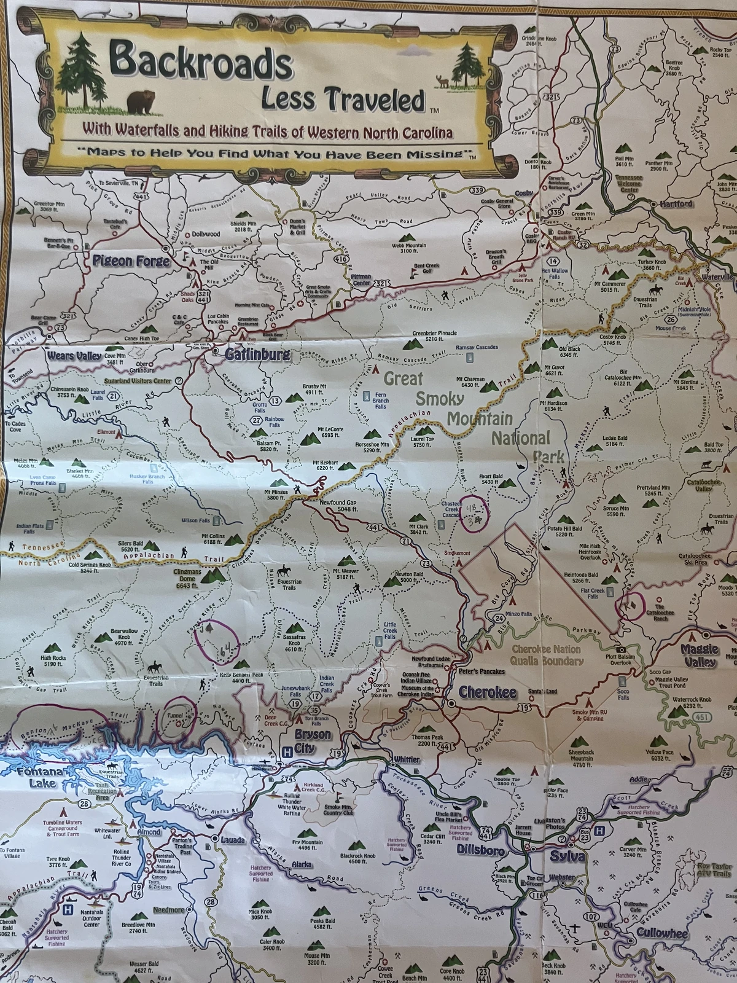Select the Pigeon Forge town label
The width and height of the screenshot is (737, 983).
(131, 261)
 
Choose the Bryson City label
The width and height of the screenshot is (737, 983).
(313, 741)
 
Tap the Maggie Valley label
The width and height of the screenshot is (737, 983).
(699, 655)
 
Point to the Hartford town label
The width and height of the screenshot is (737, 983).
(676, 203)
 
